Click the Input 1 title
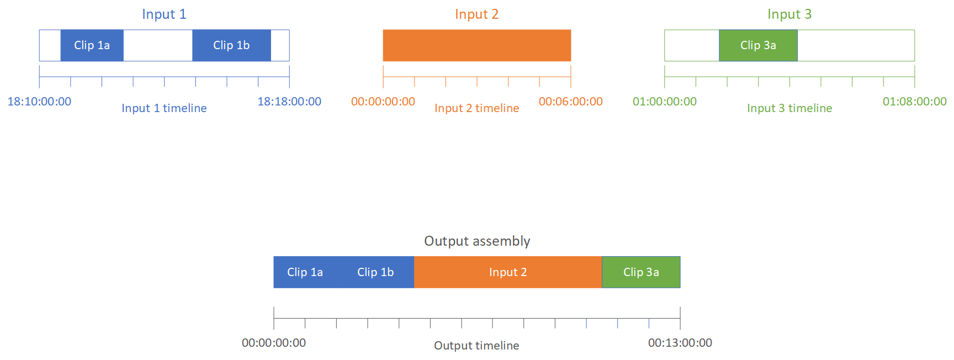point(164,14)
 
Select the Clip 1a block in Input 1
point(92,45)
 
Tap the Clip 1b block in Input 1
point(231,45)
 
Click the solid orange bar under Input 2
point(476,45)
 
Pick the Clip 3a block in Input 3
point(758,45)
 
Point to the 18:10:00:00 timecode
point(39,102)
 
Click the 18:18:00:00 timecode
point(289,102)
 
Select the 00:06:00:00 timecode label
point(570,102)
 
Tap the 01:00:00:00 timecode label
point(665,102)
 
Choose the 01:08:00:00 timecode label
point(914,102)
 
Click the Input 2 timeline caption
point(476,108)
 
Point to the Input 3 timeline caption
point(789,108)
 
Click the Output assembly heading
point(477,241)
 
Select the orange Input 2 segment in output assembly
point(508,272)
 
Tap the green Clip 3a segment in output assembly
point(641,272)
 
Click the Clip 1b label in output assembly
point(375,272)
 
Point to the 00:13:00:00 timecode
point(680,343)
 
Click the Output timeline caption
point(476,346)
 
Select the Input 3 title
point(789,14)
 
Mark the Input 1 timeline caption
point(164,108)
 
